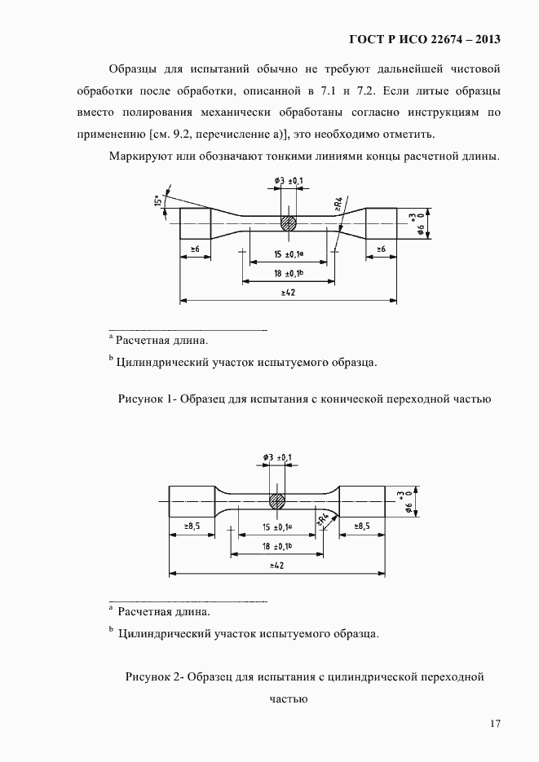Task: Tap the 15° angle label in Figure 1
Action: tap(156, 200)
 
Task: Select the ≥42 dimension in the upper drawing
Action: tap(288, 293)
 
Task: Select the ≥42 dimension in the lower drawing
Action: tap(276, 565)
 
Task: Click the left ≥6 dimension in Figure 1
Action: tap(196, 248)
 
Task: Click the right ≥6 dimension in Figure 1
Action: tap(381, 248)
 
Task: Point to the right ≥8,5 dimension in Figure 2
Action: tap(361, 526)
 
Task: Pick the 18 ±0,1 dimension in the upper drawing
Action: tap(289, 275)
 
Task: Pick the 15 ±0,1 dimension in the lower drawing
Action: tap(278, 527)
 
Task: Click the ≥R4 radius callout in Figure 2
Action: tap(323, 518)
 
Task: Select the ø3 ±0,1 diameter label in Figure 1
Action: tap(289, 179)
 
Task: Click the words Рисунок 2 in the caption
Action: tap(152, 676)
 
